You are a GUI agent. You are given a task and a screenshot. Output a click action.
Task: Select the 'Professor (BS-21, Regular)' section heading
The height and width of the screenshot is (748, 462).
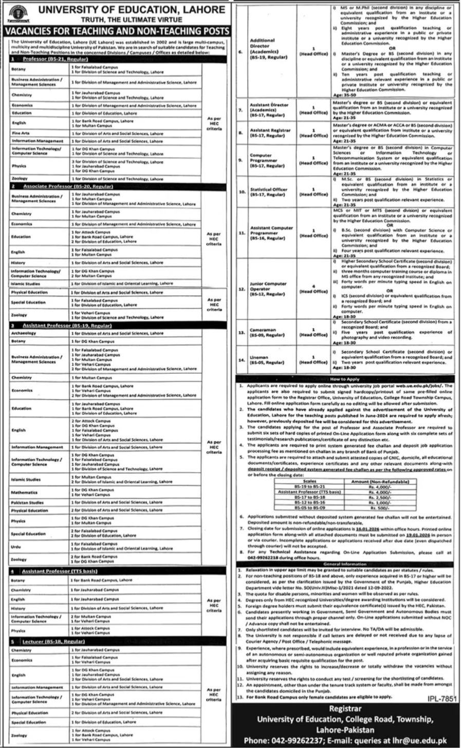[48, 60]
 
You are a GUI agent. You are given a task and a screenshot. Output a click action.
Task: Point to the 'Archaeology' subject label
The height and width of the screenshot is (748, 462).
[24, 333]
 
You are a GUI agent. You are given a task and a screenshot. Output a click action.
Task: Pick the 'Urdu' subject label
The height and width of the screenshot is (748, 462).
[16, 547]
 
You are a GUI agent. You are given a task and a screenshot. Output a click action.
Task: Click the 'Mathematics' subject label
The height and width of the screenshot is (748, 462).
[25, 492]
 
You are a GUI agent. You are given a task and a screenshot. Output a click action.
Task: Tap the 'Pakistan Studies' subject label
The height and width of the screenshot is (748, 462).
[27, 503]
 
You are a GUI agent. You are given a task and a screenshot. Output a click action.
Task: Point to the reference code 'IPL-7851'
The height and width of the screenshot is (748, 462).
[441, 699]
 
